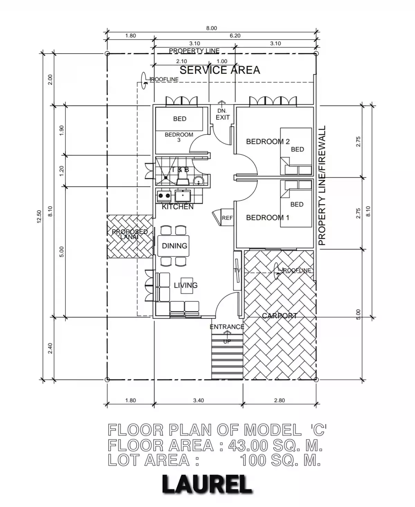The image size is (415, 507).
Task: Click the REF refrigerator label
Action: pyautogui.click(x=227, y=218)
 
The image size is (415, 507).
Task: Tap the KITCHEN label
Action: pyautogui.click(x=177, y=207)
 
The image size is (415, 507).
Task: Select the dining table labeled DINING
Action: pyautogui.click(x=174, y=246)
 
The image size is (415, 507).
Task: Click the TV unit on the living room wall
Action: pyautogui.click(x=237, y=271)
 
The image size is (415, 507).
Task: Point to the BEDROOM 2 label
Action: pyautogui.click(x=268, y=141)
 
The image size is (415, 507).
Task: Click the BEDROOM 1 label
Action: pyautogui.click(x=268, y=218)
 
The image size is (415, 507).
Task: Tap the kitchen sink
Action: pyautogui.click(x=183, y=196)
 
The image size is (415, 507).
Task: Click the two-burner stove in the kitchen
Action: pyautogui.click(x=164, y=196)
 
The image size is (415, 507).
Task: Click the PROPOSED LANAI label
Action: pyautogui.click(x=130, y=234)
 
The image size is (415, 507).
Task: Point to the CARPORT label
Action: pyautogui.click(x=279, y=316)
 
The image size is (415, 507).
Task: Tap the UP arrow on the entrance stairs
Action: pyautogui.click(x=227, y=335)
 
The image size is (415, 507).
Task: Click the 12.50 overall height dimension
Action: pyautogui.click(x=39, y=217)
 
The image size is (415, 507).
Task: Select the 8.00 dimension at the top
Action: pyautogui.click(x=211, y=28)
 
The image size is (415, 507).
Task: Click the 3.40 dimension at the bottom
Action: pyautogui.click(x=199, y=400)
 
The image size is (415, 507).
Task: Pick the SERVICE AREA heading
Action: pyautogui.click(x=220, y=70)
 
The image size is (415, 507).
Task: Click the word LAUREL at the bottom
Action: pyautogui.click(x=207, y=485)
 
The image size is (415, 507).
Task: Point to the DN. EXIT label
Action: pyautogui.click(x=222, y=114)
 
